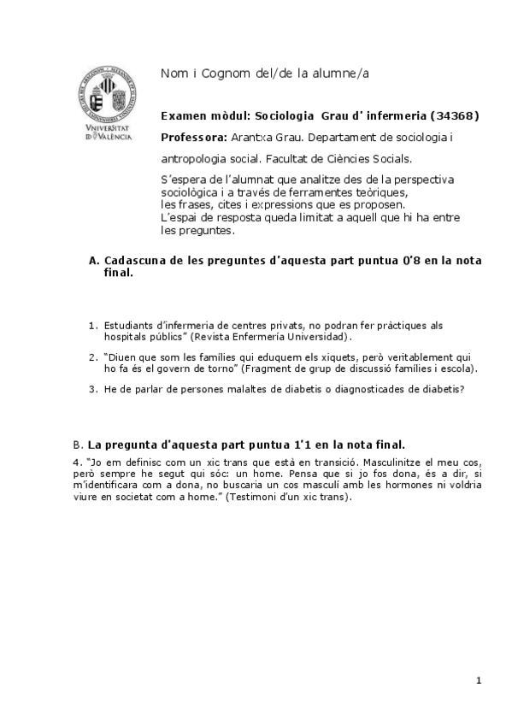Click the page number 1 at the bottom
click(x=480, y=681)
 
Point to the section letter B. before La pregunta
click(x=79, y=445)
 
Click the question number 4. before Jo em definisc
click(x=77, y=463)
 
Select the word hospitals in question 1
click(x=123, y=336)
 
